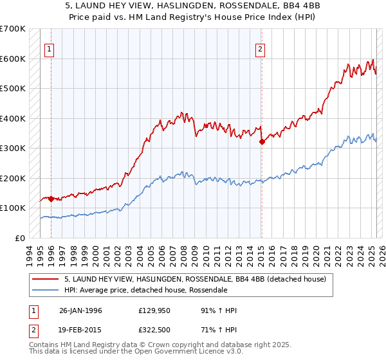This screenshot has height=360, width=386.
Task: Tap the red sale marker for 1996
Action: coord(51,199)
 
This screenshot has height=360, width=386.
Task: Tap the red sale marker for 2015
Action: coord(261,141)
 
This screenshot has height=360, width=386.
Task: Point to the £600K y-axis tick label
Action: coord(13,59)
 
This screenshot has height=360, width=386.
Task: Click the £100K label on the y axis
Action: coord(13,208)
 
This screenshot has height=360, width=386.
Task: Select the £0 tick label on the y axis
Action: coord(20,238)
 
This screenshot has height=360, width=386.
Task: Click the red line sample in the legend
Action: coord(46,279)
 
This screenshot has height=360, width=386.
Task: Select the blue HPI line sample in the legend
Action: coord(46,290)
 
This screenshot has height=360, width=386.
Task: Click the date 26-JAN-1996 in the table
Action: coord(80,310)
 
